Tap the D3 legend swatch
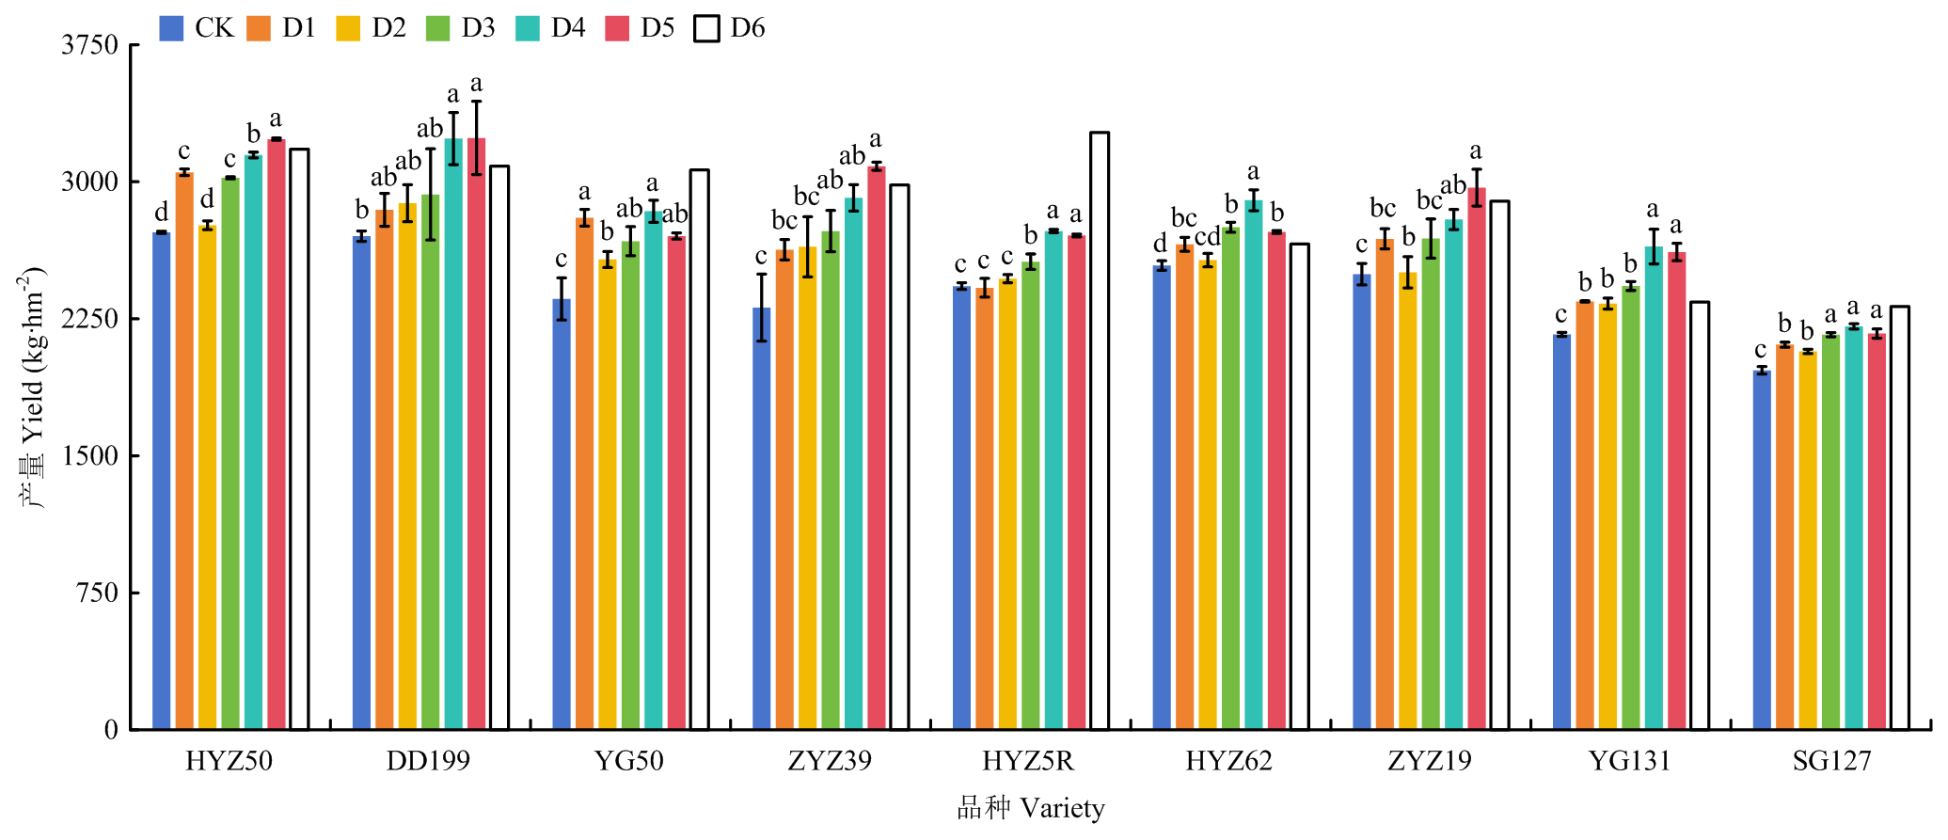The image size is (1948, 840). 438,28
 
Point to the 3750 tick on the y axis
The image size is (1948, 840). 90,45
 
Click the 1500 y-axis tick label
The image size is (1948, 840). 90,456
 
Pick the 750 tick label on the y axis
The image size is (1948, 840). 98,594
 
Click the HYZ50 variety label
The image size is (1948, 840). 229,761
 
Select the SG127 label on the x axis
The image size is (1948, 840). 1831,761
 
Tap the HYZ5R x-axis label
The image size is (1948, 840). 1028,761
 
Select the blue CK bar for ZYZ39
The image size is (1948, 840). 762,518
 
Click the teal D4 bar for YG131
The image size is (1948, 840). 1654,488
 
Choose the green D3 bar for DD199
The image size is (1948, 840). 431,462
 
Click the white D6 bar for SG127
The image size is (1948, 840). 1900,517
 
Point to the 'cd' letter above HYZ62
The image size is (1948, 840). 1208,237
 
